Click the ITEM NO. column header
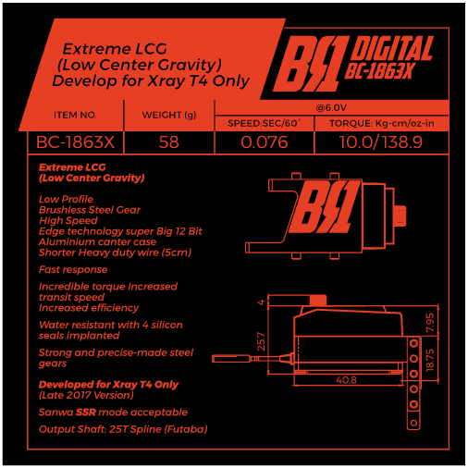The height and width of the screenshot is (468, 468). tap(75, 115)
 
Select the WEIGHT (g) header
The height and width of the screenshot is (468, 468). tap(169, 115)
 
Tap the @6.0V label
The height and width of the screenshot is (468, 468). tap(331, 107)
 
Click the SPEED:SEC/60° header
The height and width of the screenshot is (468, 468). tap(264, 123)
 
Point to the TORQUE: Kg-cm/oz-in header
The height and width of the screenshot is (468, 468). tap(382, 123)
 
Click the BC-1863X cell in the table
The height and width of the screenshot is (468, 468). tap(75, 142)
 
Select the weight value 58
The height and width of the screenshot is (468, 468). tap(169, 142)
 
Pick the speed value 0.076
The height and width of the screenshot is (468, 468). tap(265, 142)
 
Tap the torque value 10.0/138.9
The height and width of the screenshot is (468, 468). tap(381, 142)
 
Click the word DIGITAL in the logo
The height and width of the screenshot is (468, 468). tap(392, 48)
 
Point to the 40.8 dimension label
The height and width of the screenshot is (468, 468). tap(346, 380)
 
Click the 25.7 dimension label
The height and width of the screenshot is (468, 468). tap(261, 341)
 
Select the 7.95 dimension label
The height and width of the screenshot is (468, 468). tap(430, 323)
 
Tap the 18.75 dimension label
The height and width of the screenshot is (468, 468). tap(430, 360)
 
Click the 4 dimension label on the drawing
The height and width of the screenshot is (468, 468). tap(261, 302)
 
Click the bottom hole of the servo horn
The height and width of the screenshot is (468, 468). tap(413, 423)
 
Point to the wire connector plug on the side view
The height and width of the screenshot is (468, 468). tap(231, 359)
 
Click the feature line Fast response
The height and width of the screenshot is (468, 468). tap(73, 269)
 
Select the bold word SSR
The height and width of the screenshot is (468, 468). tap(86, 413)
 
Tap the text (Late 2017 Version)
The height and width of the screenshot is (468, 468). tap(86, 395)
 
